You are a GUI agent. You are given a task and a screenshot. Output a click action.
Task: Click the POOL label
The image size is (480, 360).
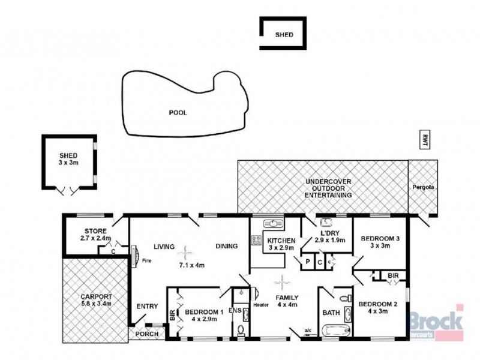click(x=178, y=112)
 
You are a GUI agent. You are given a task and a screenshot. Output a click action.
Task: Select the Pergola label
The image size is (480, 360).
click(x=422, y=187)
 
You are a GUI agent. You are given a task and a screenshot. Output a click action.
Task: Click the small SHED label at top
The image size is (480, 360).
click(x=284, y=35)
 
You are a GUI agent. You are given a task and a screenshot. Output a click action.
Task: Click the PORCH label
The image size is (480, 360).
click(x=146, y=334)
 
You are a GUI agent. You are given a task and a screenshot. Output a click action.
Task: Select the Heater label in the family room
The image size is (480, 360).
click(x=262, y=305)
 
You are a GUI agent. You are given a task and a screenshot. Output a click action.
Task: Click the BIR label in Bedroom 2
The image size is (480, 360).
click(x=392, y=275)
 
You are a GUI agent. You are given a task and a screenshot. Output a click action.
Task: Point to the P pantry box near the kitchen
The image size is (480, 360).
click(x=308, y=262)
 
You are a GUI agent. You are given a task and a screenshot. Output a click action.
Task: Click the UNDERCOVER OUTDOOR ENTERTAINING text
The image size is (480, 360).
click(x=328, y=188)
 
